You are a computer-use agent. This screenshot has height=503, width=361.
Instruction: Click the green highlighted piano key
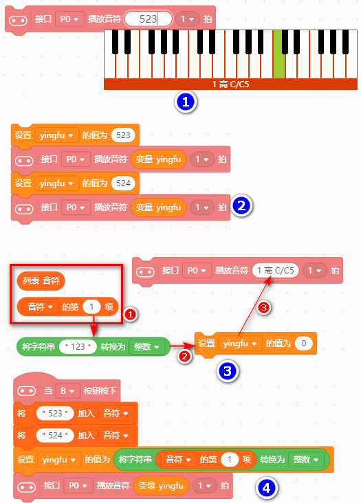pos(279,54)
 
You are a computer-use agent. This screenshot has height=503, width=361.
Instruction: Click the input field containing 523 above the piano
pos(149,19)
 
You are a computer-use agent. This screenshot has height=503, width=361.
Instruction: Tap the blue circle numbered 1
pos(186,102)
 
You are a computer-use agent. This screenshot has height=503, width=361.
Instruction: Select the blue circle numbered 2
pos(241,205)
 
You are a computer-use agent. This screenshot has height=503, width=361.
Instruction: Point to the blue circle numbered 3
pos(228,371)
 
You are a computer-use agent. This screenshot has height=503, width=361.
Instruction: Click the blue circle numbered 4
pos(267,488)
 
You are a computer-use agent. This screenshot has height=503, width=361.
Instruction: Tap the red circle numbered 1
pos(130,315)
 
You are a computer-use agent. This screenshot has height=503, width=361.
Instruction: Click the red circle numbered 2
pos(184,356)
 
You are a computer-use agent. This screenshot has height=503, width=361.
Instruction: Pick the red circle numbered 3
pos(264,308)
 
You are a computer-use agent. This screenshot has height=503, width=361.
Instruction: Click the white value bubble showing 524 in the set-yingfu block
pos(123,183)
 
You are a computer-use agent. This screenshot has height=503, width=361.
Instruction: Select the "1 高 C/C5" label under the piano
pos(231,85)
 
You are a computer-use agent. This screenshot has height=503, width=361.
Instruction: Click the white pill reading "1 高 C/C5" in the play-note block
pos(276,271)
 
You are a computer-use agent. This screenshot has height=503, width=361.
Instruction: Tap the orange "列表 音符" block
pos(41,281)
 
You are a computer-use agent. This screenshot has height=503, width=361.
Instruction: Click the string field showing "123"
pos(78,346)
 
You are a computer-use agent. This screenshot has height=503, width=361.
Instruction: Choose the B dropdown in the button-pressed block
pos(67,391)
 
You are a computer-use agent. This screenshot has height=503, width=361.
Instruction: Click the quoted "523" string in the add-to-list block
pos(55,413)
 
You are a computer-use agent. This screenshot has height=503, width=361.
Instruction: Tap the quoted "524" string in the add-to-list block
pos(55,435)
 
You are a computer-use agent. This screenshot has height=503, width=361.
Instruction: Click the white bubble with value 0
pos(303,344)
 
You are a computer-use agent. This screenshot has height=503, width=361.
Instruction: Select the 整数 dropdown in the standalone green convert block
pos(146,346)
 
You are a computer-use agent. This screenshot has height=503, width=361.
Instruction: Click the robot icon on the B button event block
pos(27,391)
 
